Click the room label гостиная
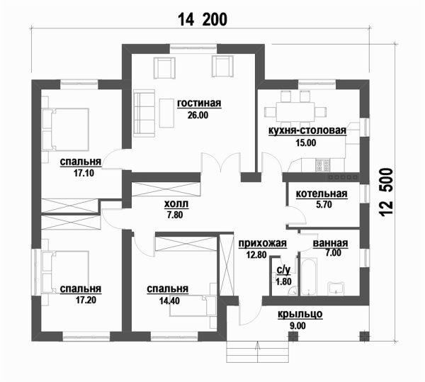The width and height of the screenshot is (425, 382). (x=199, y=103)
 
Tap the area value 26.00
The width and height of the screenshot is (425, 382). (x=198, y=116)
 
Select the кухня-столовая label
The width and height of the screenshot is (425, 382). (x=307, y=130)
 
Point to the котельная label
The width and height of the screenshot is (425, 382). (x=322, y=193)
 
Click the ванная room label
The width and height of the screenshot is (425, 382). (x=330, y=243)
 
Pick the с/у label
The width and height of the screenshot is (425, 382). (x=283, y=270)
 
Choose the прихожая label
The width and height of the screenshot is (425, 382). (x=262, y=243)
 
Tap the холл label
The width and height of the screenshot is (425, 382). (x=176, y=204)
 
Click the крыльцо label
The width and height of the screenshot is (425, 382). (x=300, y=314)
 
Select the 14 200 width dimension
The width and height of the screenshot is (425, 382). (x=203, y=20)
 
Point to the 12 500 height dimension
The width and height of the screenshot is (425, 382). (x=386, y=192)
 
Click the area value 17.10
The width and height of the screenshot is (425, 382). (x=84, y=173)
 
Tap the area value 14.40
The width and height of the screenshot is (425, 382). (x=169, y=300)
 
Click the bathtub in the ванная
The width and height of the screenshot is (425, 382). (x=309, y=277)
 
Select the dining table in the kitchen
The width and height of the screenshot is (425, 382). (x=295, y=112)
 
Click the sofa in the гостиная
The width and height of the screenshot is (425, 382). (x=144, y=113)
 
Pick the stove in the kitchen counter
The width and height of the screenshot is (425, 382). (x=322, y=165)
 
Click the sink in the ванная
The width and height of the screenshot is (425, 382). (x=336, y=288)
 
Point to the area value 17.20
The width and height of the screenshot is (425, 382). (x=86, y=300)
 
